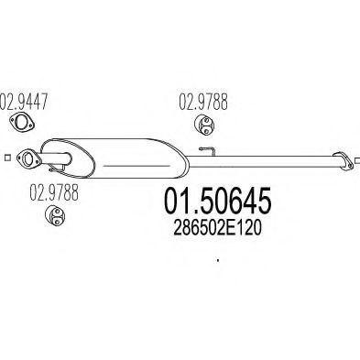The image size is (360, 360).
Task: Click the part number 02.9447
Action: tap(24, 102)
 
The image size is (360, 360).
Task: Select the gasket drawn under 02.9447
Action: tap(21, 122)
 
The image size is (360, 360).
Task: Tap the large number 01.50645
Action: tap(218, 201)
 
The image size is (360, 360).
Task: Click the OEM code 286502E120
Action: tap(217, 228)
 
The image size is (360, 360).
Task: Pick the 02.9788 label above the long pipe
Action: tap(203, 102)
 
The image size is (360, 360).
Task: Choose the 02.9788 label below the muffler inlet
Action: tap(54, 192)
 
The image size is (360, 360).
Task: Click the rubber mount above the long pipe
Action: tap(204, 125)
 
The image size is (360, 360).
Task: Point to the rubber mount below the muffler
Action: tap(55, 215)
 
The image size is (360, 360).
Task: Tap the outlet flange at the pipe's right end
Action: tap(343, 160)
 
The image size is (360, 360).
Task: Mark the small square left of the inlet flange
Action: tap(8, 158)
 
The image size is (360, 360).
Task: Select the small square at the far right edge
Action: tap(358, 160)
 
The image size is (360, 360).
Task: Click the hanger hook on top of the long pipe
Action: tap(208, 150)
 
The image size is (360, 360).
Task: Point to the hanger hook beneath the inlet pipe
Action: tap(57, 168)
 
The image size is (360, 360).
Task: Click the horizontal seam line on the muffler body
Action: tap(136, 166)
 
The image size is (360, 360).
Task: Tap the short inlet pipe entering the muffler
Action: tap(55, 158)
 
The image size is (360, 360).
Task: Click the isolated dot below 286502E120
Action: tap(218, 260)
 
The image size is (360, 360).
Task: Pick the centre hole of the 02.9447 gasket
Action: tap(21, 122)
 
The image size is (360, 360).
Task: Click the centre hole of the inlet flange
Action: tap(28, 159)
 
